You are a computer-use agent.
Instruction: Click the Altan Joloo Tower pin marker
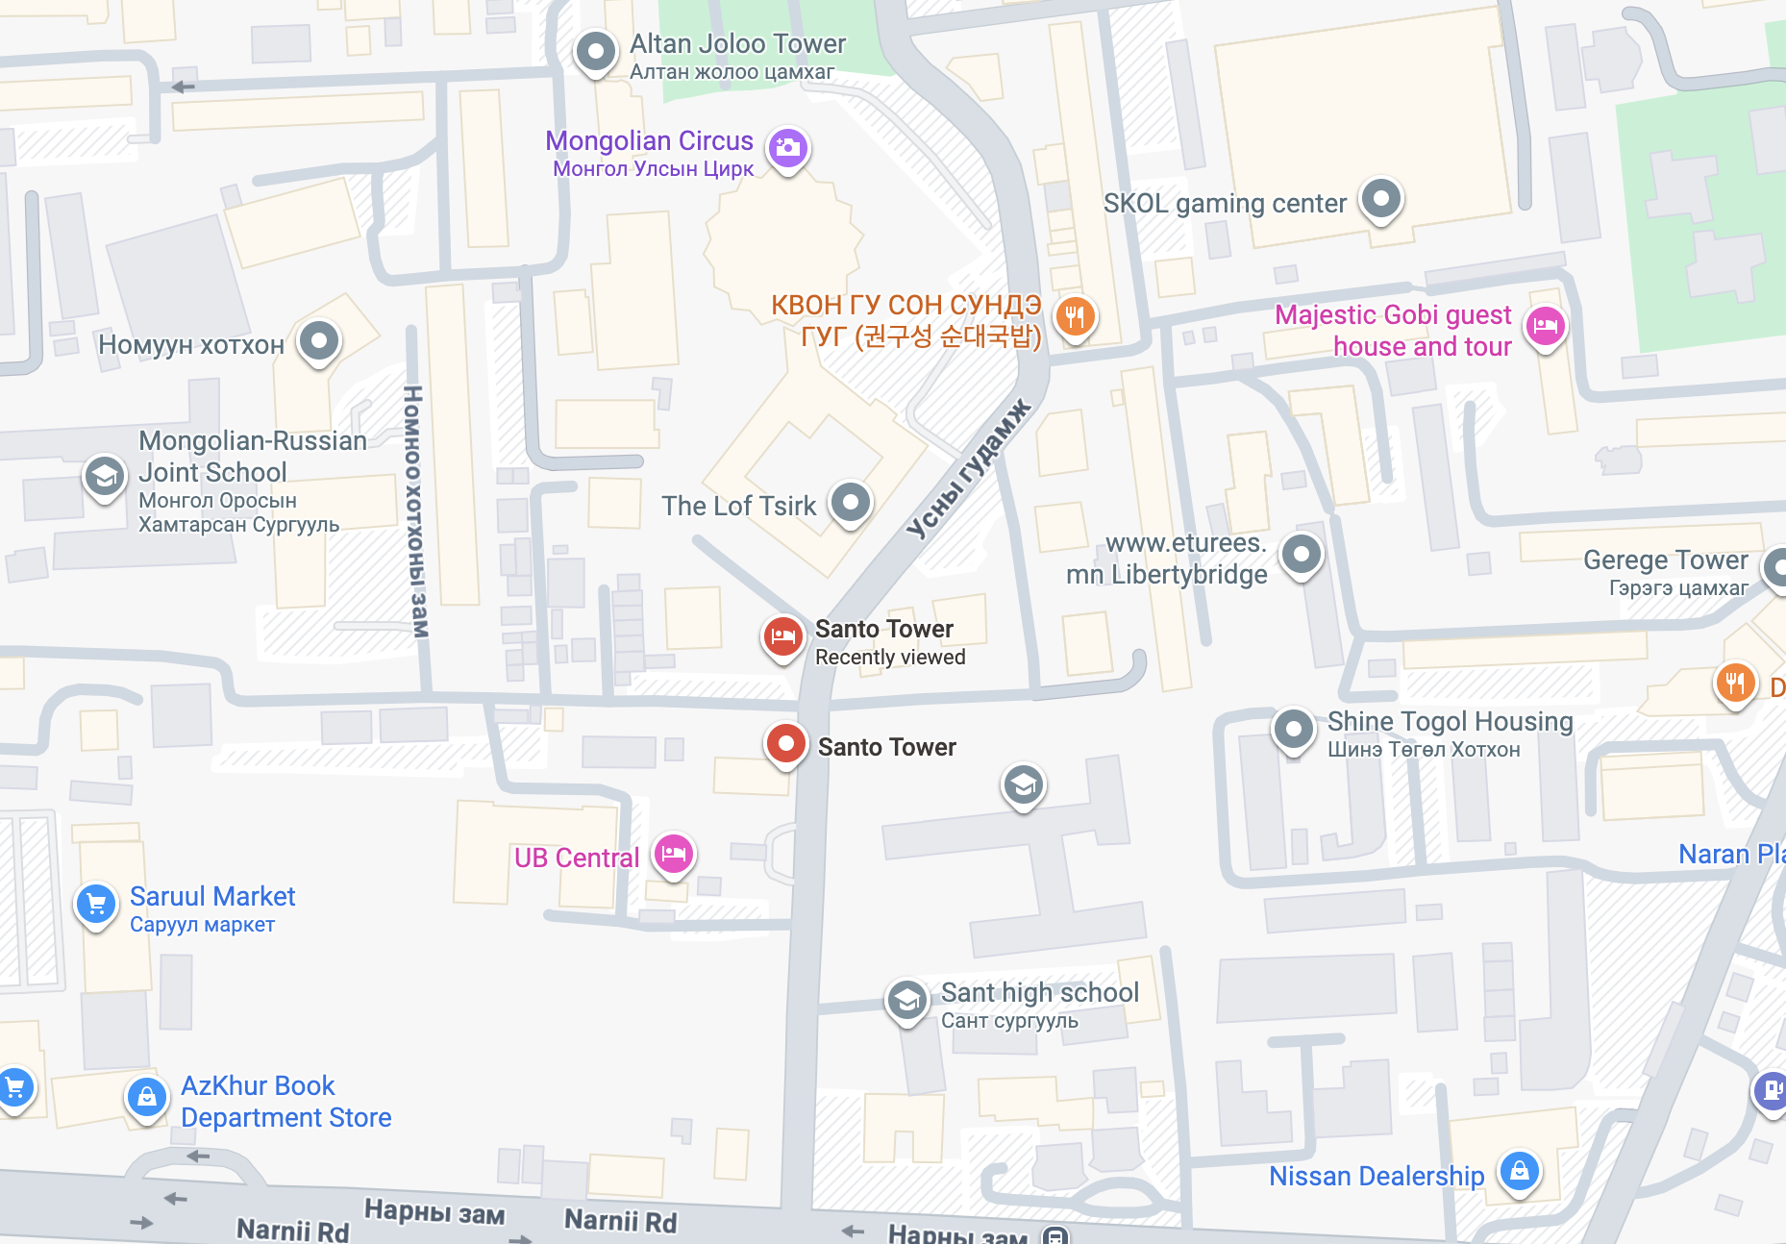(595, 50)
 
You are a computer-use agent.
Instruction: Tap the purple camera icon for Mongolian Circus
(788, 148)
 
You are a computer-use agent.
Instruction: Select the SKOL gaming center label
(1224, 204)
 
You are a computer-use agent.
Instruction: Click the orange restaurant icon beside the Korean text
(1075, 315)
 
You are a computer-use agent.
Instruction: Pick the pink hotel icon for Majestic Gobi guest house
(1545, 327)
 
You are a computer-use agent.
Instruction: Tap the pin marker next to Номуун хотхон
(319, 340)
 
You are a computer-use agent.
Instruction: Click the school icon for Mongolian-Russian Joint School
(104, 476)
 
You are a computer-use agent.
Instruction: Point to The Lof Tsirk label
(738, 506)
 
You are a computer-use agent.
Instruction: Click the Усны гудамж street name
(968, 468)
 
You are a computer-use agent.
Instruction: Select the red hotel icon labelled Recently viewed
(783, 636)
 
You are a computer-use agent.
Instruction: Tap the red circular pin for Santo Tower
(786, 744)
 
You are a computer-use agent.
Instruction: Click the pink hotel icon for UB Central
(674, 853)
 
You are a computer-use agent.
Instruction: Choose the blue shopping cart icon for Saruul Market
(96, 904)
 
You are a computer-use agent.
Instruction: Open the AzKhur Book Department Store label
(285, 1101)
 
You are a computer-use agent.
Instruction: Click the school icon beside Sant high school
(906, 1001)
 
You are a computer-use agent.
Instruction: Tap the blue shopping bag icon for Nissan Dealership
(1519, 1171)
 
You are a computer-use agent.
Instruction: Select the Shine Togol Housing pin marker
(1293, 730)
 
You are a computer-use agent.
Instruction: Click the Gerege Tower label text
(1665, 560)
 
